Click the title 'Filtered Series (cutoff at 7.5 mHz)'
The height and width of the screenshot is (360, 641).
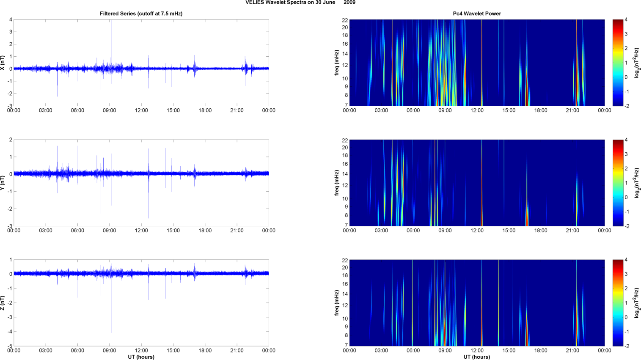point(141,14)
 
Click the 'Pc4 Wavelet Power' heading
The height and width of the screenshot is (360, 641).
point(477,14)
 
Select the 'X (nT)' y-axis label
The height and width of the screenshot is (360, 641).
point(3,63)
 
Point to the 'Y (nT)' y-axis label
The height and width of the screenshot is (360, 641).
point(3,183)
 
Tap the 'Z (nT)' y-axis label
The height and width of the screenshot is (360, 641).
point(3,303)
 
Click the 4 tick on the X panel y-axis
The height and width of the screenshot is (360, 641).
point(11,19)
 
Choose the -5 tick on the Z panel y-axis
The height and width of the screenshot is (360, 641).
point(10,346)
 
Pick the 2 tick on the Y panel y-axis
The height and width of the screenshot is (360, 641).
point(11,140)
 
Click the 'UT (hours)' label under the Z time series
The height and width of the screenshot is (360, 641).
point(141,357)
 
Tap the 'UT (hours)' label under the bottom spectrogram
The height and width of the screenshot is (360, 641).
point(477,357)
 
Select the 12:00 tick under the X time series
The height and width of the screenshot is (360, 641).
point(141,110)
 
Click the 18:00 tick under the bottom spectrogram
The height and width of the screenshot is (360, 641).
point(541,350)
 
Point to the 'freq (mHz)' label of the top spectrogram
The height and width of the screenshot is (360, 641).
point(337,63)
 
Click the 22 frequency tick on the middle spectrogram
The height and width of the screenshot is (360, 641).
point(345,140)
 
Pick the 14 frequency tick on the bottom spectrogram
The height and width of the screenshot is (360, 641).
point(345,294)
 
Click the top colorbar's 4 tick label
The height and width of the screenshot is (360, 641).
point(626,19)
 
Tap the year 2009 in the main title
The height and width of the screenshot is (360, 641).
point(349,3)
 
